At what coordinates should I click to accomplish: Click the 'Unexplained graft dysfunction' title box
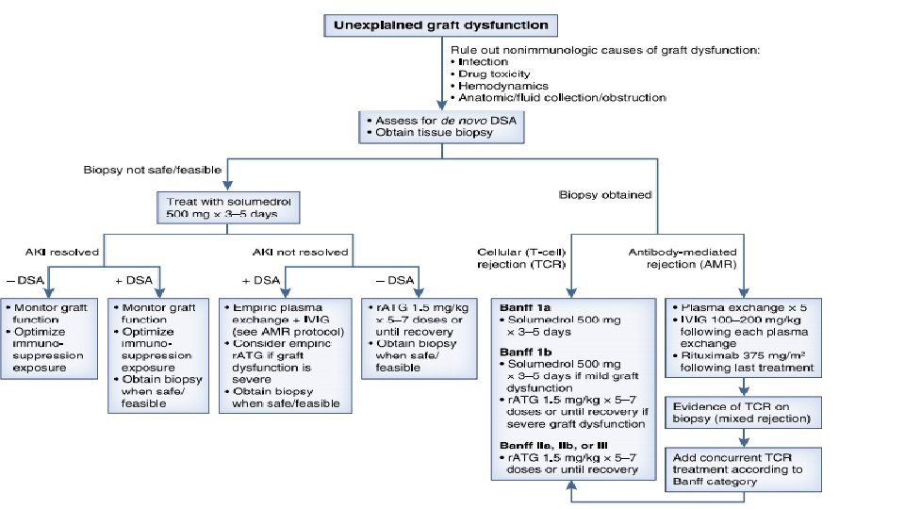pyautogui.click(x=441, y=25)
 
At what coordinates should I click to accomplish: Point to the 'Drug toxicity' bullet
pyautogui.click(x=494, y=74)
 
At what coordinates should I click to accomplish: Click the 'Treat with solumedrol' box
pyautogui.click(x=229, y=208)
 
